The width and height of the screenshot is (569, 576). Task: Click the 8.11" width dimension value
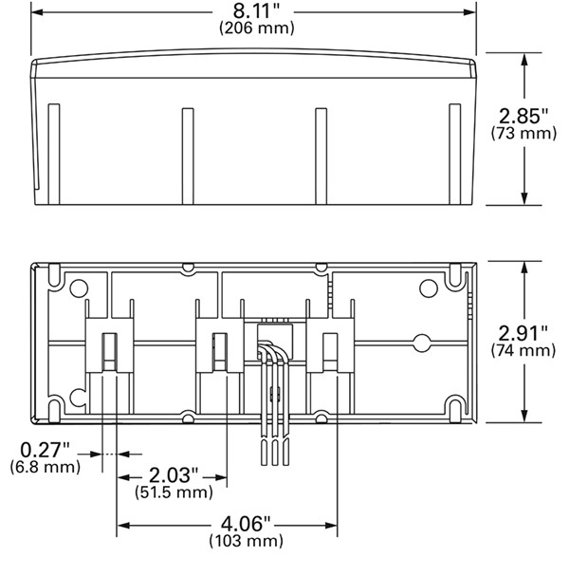pyautogui.click(x=256, y=11)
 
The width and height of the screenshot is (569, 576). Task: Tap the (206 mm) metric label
pyautogui.click(x=257, y=28)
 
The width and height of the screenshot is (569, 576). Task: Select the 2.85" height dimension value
pyautogui.click(x=523, y=116)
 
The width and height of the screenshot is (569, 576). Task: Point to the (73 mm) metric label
pyautogui.click(x=523, y=133)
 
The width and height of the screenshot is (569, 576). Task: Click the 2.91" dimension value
pyautogui.click(x=523, y=334)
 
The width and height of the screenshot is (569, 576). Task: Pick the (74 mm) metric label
pyautogui.click(x=523, y=350)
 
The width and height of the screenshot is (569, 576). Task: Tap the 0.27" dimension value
pyautogui.click(x=45, y=450)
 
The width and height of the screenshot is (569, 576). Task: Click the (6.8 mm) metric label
pyautogui.click(x=46, y=467)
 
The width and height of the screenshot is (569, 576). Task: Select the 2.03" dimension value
pyautogui.click(x=174, y=475)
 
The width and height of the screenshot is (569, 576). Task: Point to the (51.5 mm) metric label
pyautogui.click(x=174, y=492)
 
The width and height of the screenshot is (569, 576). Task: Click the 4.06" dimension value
pyautogui.click(x=246, y=524)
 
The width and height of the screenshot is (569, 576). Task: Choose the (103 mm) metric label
pyautogui.click(x=246, y=541)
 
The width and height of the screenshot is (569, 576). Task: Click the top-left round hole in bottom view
pyautogui.click(x=79, y=288)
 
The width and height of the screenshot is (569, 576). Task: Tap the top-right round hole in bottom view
pyautogui.click(x=429, y=288)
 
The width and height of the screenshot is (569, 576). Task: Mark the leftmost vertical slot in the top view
pyautogui.click(x=54, y=154)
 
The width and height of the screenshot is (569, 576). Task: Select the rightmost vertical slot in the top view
pyautogui.click(x=455, y=154)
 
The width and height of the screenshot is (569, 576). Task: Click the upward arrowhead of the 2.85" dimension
pyautogui.click(x=524, y=60)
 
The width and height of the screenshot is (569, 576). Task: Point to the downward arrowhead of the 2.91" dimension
pyautogui.click(x=524, y=415)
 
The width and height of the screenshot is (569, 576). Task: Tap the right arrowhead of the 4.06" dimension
pyautogui.click(x=331, y=526)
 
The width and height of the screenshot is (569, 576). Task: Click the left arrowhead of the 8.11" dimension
pyautogui.click(x=38, y=12)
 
